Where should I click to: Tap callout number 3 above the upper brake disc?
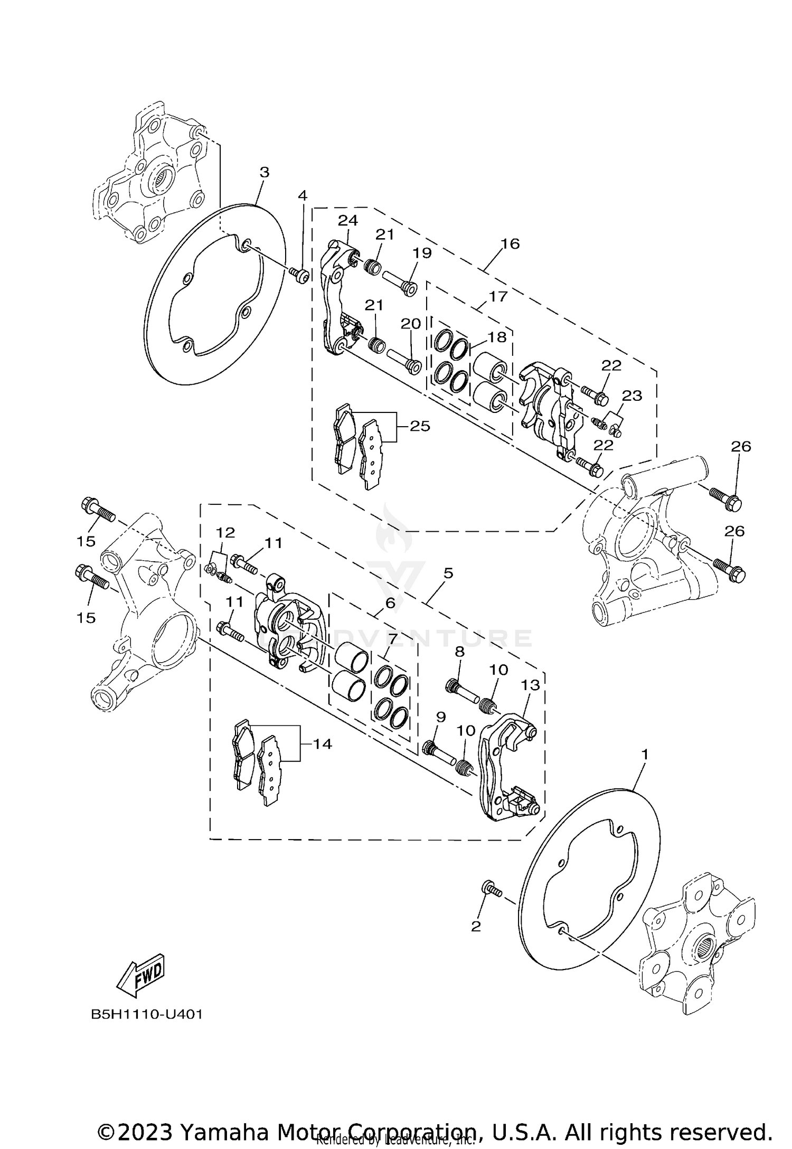click(x=265, y=172)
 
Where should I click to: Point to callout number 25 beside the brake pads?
click(x=420, y=426)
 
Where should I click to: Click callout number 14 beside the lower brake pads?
click(x=322, y=744)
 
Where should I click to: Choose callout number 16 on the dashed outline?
click(x=510, y=243)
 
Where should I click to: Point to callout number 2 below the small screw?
click(x=476, y=926)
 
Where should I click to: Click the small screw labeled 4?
click(x=300, y=274)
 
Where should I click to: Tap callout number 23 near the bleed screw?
click(x=631, y=395)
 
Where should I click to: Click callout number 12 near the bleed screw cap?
click(x=224, y=532)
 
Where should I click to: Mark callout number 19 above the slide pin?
click(x=422, y=253)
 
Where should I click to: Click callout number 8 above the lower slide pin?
click(x=459, y=652)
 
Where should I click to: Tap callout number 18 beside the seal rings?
click(x=497, y=337)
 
